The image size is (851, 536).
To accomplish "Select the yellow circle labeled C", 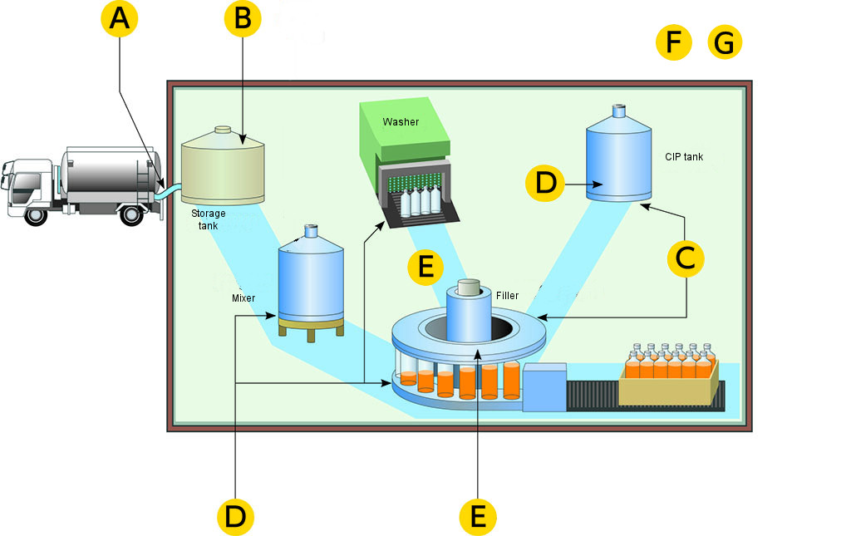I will [686, 258].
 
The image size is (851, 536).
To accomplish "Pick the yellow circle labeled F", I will [673, 42].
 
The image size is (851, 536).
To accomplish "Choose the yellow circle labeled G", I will [725, 42].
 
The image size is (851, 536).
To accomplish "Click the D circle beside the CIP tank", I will [545, 183].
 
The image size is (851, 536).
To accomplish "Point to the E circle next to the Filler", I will [425, 268].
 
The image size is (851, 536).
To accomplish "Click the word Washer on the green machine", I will [401, 122].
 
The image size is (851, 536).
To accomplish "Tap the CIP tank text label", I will [685, 156].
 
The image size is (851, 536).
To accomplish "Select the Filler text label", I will [507, 294].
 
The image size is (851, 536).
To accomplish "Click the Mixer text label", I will [243, 297].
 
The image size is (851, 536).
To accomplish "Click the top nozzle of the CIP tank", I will [618, 111].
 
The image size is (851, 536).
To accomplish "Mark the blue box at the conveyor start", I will [544, 387].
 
